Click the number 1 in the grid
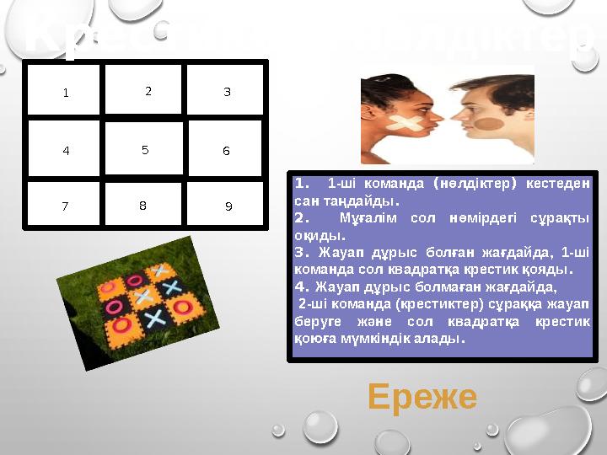coord(64,93)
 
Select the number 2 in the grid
coord(148,91)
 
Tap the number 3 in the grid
coord(227,92)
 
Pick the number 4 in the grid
coord(66,152)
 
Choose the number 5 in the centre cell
coord(145,150)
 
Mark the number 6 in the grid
coord(226,152)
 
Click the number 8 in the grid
coord(142,205)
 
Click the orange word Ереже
coord(422,396)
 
